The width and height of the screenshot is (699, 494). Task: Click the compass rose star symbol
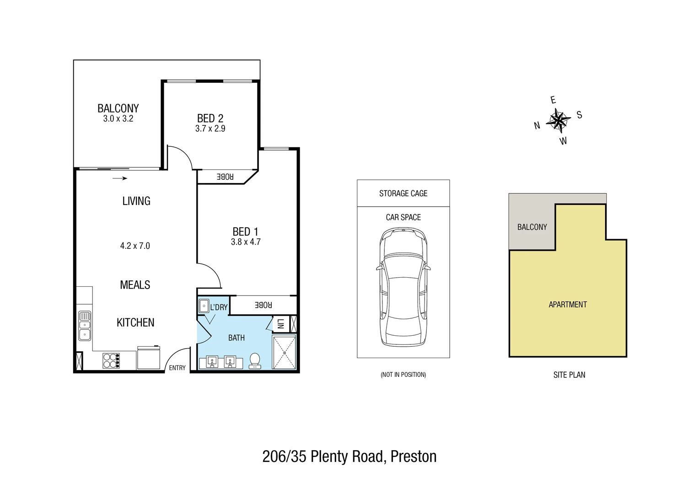(559, 121)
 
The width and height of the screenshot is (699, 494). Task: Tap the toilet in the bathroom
(255, 361)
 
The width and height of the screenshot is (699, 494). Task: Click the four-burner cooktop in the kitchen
(111, 360)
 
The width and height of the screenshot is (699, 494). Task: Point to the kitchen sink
(85, 325)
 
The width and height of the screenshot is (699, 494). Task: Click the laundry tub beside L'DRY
(204, 306)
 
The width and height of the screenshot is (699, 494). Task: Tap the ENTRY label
(177, 368)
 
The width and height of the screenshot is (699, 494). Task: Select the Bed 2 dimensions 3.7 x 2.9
(210, 129)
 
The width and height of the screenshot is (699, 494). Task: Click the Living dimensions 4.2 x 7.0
(135, 246)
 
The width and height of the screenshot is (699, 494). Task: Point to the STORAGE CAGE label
(403, 193)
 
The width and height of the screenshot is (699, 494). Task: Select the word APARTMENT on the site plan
(567, 305)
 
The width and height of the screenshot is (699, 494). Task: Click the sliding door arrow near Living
(119, 178)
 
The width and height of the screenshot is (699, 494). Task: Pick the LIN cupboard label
(280, 323)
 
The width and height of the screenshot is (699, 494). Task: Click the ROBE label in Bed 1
(263, 305)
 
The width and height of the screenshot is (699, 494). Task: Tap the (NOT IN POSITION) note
(403, 375)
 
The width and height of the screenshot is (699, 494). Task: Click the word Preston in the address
(414, 456)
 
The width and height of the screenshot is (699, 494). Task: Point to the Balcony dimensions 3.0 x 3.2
(118, 119)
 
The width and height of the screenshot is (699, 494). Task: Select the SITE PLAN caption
(569, 375)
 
